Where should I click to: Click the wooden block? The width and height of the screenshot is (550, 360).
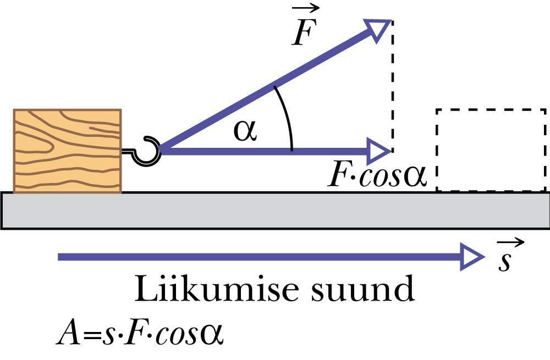click(67, 151)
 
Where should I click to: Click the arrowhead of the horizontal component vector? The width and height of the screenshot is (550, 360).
click(378, 150)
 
